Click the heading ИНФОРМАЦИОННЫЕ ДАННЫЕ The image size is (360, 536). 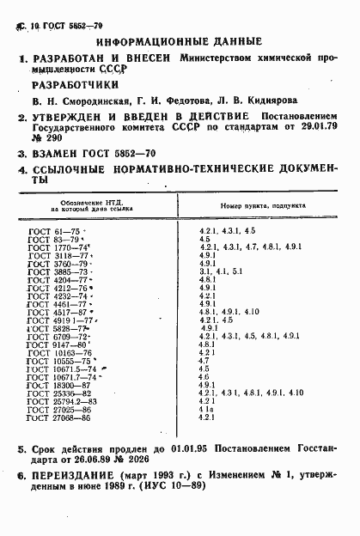click(x=179, y=40)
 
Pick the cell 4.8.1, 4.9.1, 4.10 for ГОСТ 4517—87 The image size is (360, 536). click(x=229, y=312)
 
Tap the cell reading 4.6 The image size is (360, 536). click(x=204, y=375)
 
